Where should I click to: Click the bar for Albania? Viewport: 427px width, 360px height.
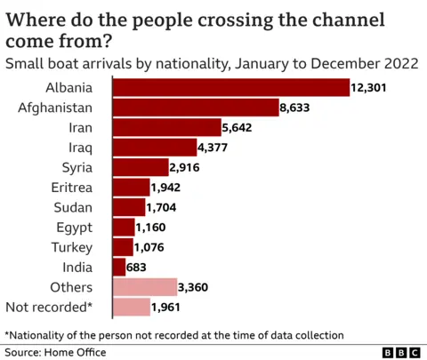[230, 86]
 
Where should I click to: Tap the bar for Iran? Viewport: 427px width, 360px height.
[166, 126]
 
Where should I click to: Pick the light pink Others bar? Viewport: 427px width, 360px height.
[145, 286]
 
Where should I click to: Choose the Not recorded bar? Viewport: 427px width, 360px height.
[132, 307]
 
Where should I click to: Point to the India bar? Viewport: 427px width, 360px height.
[119, 267]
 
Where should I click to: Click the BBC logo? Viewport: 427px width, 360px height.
[399, 353]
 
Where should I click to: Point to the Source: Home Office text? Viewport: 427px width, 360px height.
[55, 353]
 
